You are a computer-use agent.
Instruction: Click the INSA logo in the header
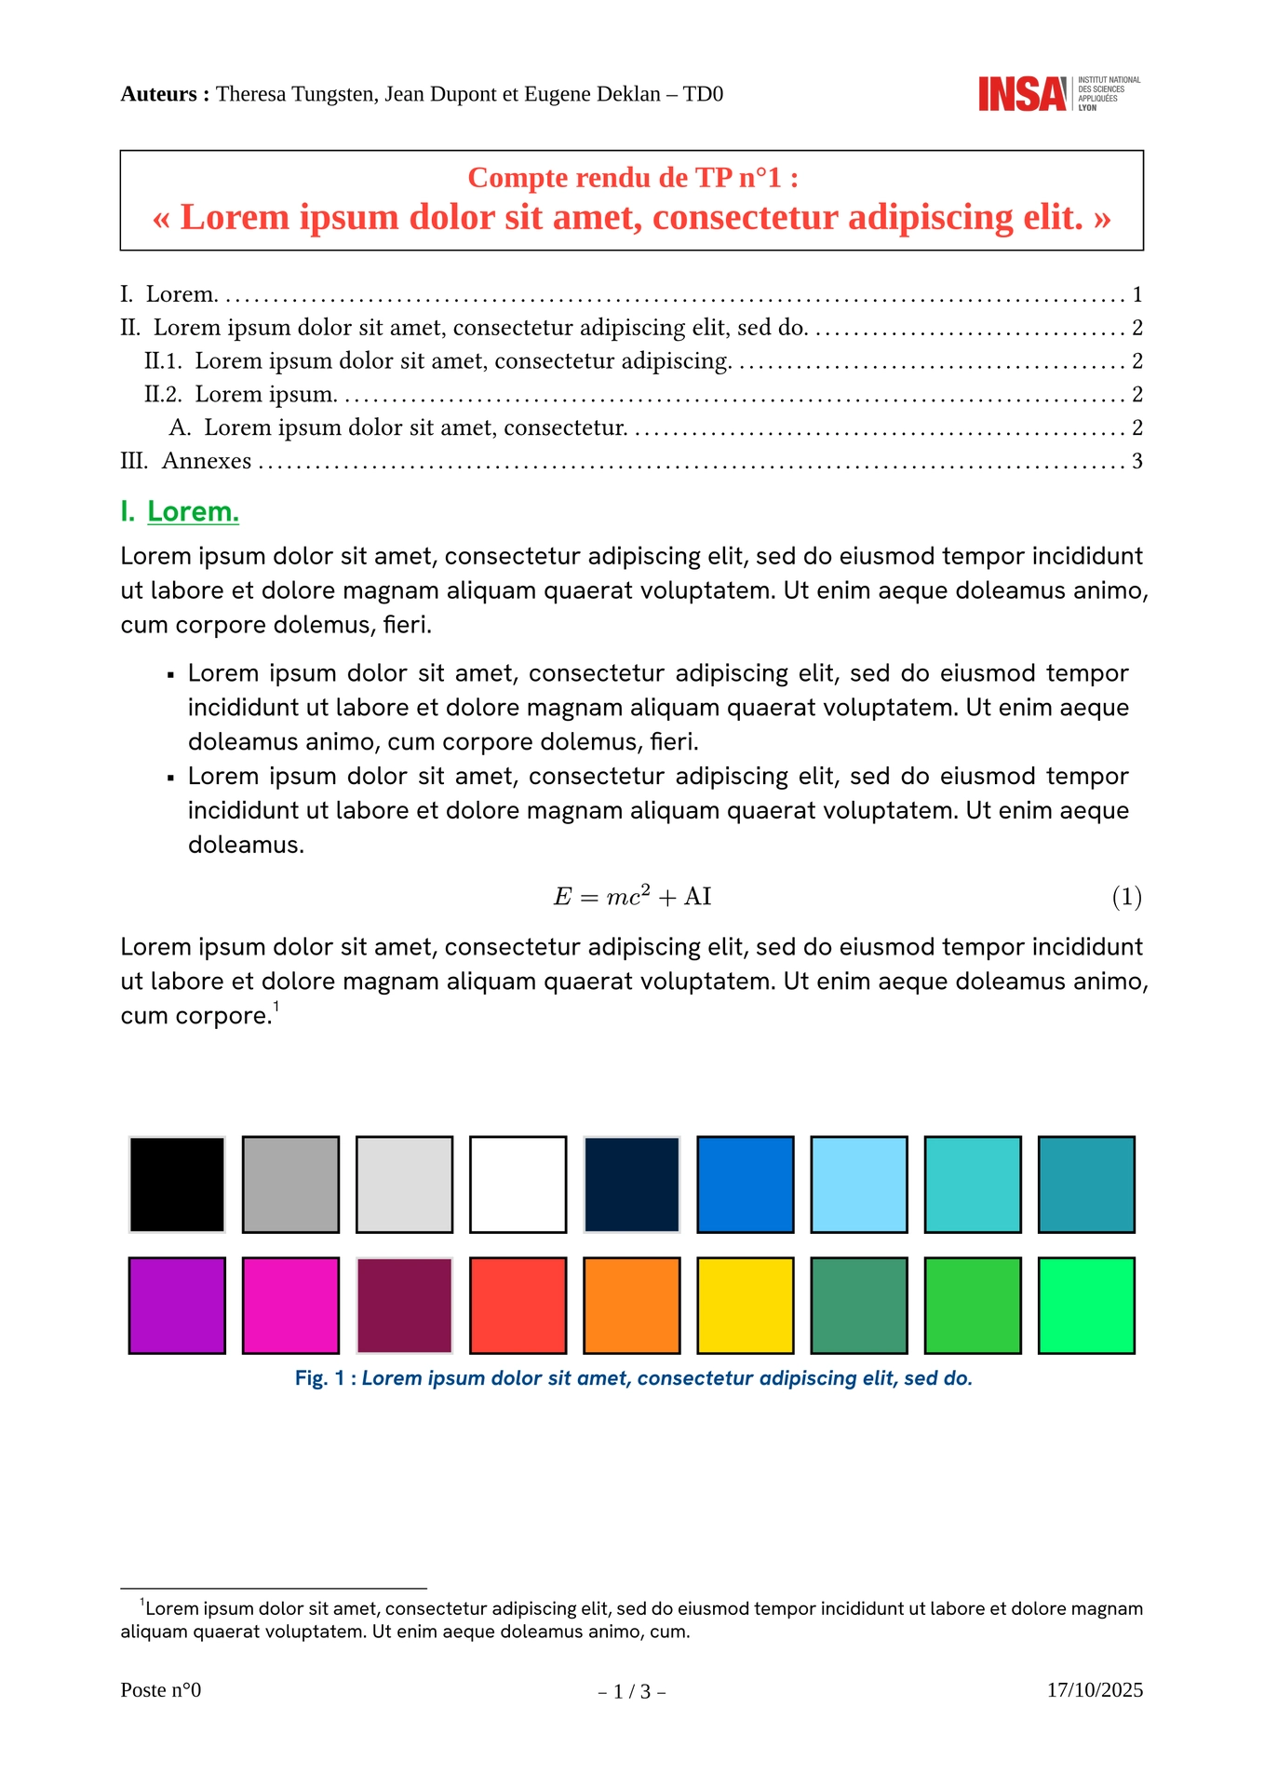point(1058,94)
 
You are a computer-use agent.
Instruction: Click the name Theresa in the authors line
point(249,94)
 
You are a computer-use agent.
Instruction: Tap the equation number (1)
point(1126,897)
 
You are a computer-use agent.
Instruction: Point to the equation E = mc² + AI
point(632,897)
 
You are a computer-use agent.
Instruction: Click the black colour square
point(177,1185)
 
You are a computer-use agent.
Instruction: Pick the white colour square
point(518,1185)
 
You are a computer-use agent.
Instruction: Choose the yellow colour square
point(745,1306)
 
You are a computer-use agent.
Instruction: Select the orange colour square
point(631,1306)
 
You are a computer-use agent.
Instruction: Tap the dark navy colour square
point(631,1185)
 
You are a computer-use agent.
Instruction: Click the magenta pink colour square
point(290,1306)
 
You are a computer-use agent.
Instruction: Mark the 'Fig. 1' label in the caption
point(320,1378)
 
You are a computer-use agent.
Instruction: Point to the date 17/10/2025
point(1095,1690)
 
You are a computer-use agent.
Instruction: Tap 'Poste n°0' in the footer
point(161,1690)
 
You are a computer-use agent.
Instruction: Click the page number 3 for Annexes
point(1136,461)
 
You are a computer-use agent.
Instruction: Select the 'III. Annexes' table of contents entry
point(186,461)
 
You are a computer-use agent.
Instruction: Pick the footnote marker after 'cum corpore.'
point(276,1007)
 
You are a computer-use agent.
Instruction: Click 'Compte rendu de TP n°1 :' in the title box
point(632,177)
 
